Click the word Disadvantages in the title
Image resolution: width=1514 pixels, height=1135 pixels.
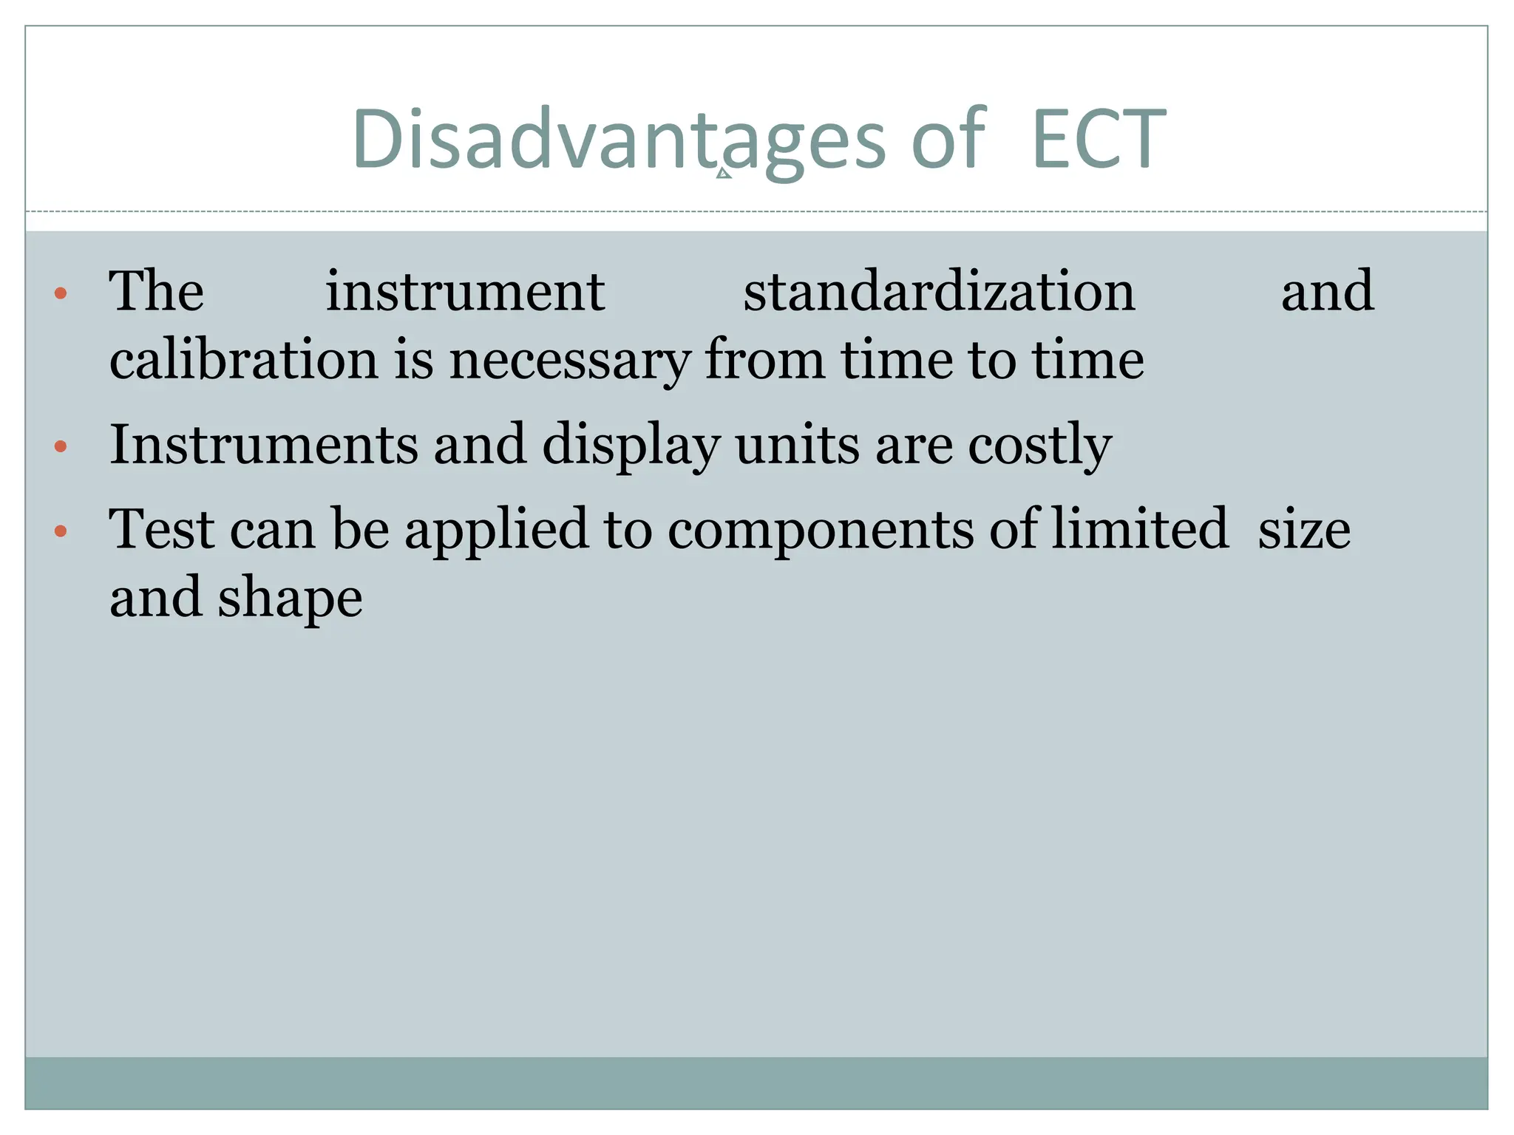pos(618,140)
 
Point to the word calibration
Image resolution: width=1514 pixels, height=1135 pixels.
pos(244,360)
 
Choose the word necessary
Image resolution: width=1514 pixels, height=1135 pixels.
pos(570,360)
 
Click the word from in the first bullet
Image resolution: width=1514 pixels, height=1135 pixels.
pos(764,360)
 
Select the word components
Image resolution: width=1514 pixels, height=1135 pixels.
pos(821,531)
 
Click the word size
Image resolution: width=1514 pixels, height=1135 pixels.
pos(1304,531)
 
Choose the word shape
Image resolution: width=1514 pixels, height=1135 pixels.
pos(290,599)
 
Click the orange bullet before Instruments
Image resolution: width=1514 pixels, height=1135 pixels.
pos(61,446)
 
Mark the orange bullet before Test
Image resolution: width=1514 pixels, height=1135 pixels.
pos(61,531)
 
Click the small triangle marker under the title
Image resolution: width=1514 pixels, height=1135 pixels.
pos(724,174)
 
